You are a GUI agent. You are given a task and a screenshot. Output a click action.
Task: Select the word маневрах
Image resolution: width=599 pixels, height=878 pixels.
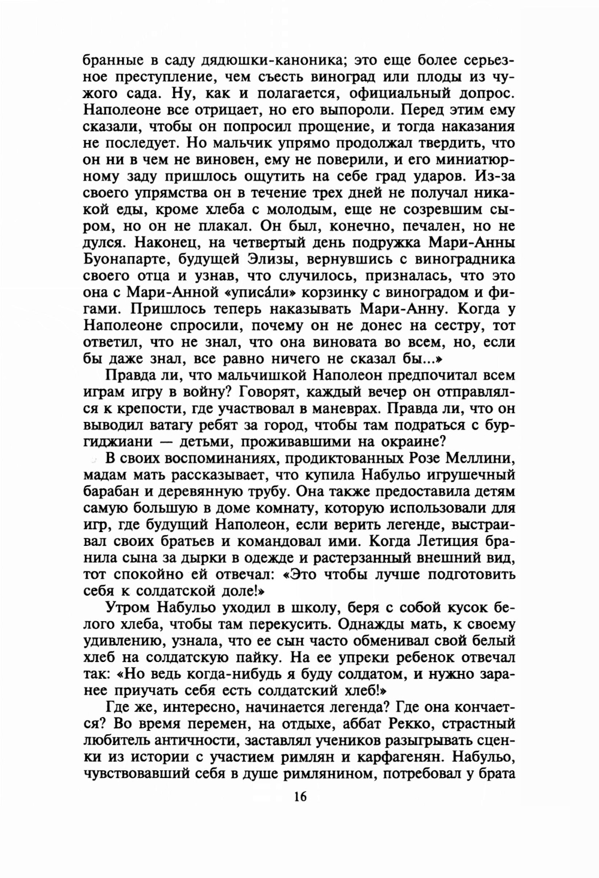337,409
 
